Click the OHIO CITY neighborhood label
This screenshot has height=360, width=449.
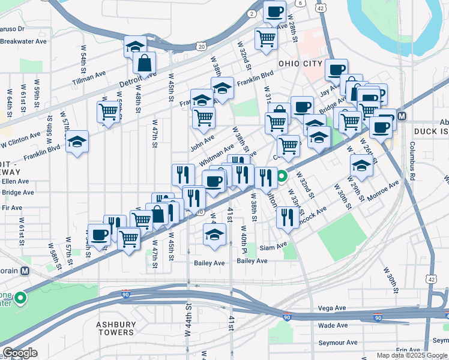click(x=301, y=64)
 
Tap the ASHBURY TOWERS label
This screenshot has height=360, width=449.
click(x=116, y=328)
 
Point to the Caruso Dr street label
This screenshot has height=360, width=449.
click(x=11, y=28)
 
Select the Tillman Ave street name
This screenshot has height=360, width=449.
click(x=89, y=77)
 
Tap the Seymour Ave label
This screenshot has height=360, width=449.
click(x=338, y=343)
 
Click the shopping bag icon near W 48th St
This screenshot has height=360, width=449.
click(x=145, y=62)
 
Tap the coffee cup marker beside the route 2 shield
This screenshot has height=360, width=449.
click(x=275, y=11)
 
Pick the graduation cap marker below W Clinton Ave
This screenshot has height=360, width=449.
click(x=77, y=142)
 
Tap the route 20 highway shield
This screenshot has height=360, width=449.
click(x=201, y=46)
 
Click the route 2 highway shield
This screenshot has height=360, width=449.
click(x=251, y=14)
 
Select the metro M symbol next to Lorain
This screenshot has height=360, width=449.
click(x=25, y=271)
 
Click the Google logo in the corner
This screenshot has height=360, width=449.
click(x=20, y=353)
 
